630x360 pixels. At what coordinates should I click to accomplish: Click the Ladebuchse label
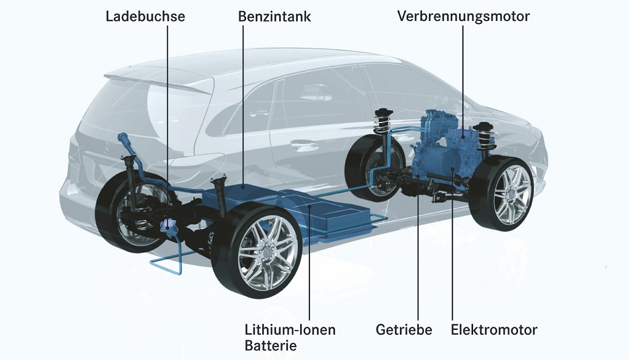[145, 17]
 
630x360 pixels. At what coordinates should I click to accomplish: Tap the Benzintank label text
[274, 17]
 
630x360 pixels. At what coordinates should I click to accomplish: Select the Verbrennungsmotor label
[463, 17]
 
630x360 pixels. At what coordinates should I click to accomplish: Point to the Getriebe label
[404, 330]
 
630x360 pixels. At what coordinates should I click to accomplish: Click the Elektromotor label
[494, 330]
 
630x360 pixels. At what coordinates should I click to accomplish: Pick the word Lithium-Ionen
[290, 330]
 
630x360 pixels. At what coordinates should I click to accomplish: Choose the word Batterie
[271, 345]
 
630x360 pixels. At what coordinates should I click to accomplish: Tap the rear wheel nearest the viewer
[257, 250]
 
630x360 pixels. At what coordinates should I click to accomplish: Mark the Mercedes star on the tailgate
[106, 148]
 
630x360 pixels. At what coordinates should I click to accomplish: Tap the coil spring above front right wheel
[484, 137]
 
